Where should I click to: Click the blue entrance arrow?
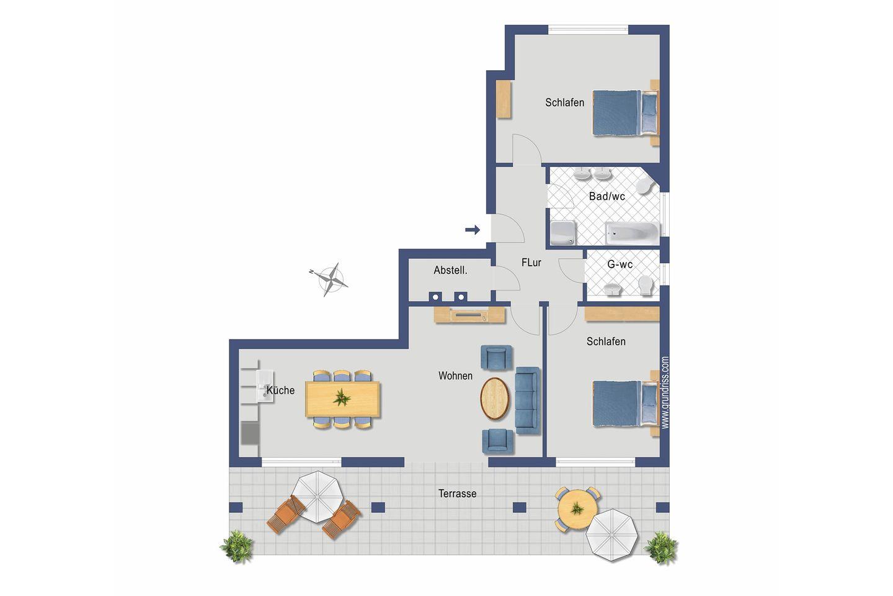pyautogui.click(x=473, y=230)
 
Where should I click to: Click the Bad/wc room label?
pyautogui.click(x=606, y=196)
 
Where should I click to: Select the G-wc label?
pyautogui.click(x=620, y=264)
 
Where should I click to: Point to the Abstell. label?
pyautogui.click(x=450, y=270)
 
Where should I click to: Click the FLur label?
pyautogui.click(x=531, y=263)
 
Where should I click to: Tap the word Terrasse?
pyautogui.click(x=457, y=494)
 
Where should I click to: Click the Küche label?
pyautogui.click(x=281, y=390)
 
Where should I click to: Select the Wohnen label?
pyautogui.click(x=455, y=376)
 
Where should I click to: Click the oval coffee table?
pyautogui.click(x=495, y=399)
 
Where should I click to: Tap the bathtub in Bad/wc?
pyautogui.click(x=633, y=233)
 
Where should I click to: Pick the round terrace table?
pyautogui.click(x=577, y=509)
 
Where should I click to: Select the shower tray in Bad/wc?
pyautogui.click(x=562, y=233)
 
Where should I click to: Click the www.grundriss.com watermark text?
pyautogui.click(x=665, y=393)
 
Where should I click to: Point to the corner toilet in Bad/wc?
pyautogui.click(x=643, y=186)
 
